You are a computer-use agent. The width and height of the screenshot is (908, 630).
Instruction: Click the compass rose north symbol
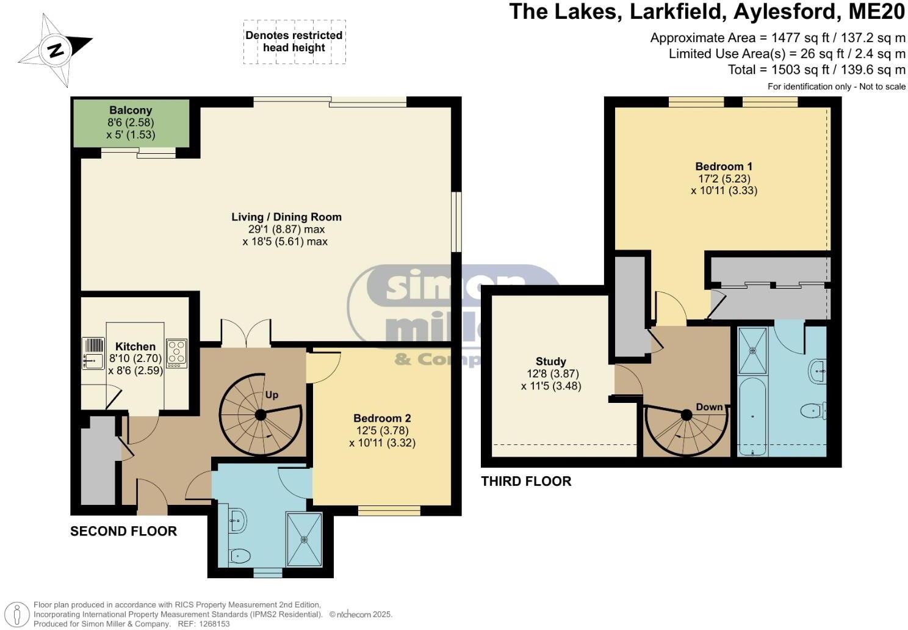point(56,49)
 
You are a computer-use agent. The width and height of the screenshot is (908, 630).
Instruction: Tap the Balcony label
point(131,110)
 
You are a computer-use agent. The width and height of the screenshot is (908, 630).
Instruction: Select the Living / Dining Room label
point(286,217)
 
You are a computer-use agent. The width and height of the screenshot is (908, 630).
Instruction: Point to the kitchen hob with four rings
point(176,352)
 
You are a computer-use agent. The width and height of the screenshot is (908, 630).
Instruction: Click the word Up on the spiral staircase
point(272,395)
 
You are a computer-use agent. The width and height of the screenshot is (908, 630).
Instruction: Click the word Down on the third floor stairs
point(709,407)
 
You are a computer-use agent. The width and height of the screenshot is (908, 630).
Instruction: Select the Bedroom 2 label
point(382,418)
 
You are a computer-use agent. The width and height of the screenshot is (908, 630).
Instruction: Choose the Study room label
point(550,361)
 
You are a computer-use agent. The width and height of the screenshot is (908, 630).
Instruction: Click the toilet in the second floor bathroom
point(239,556)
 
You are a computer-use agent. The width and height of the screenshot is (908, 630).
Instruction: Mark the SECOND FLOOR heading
point(123,531)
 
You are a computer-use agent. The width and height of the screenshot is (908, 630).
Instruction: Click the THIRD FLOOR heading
point(526,481)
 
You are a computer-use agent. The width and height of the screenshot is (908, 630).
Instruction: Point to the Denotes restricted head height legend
point(294,42)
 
